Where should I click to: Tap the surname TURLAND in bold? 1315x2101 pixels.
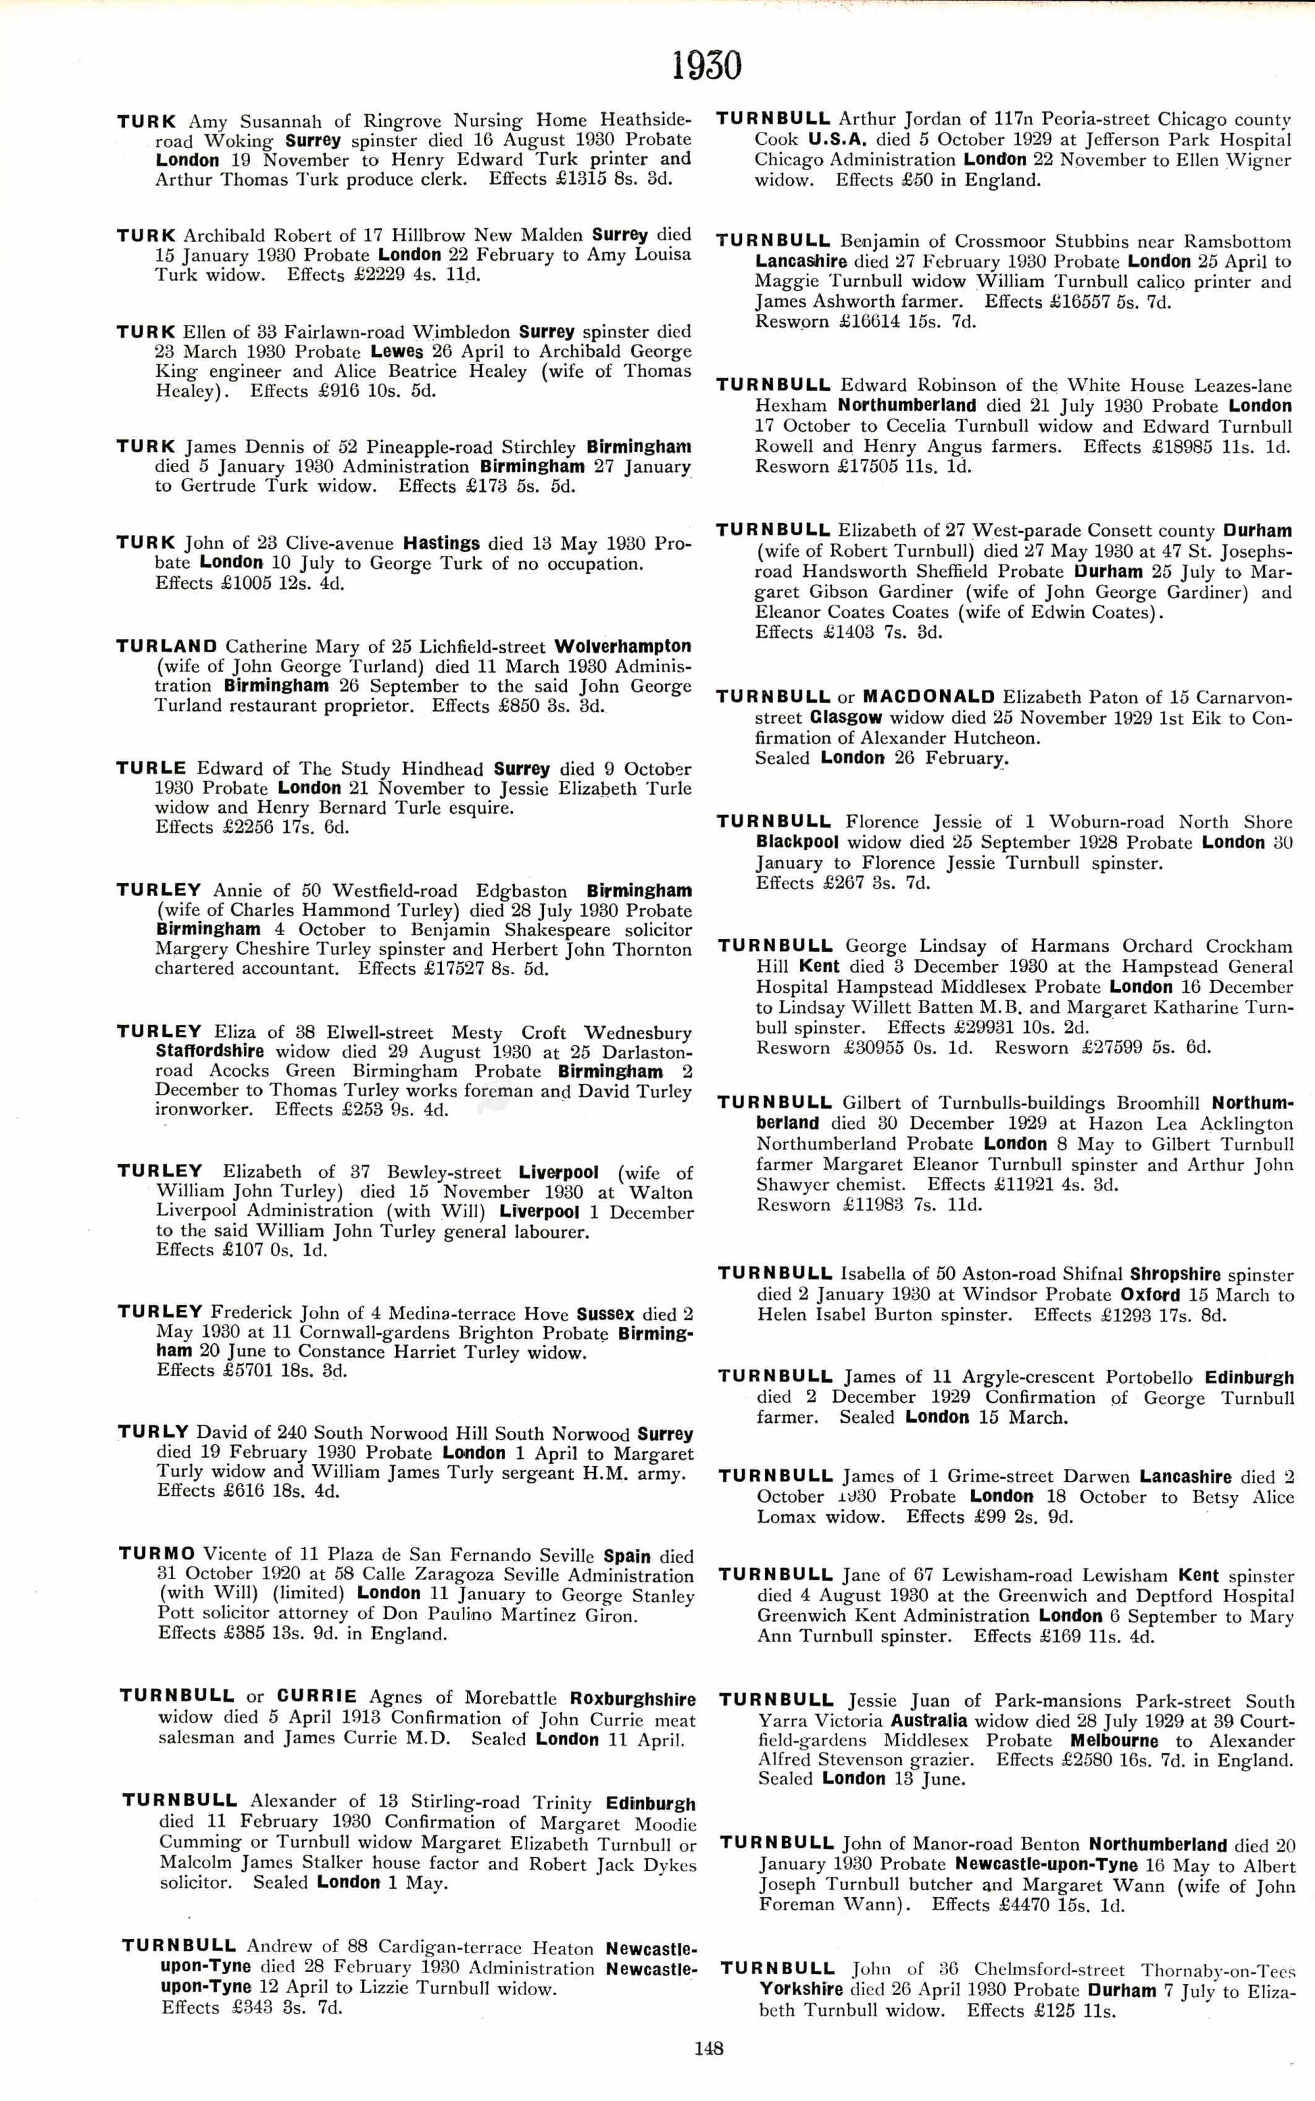tap(167, 646)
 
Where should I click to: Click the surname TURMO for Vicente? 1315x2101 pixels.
tap(157, 1554)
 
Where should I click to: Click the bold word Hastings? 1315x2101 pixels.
tap(442, 543)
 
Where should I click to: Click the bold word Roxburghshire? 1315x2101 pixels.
tap(632, 1699)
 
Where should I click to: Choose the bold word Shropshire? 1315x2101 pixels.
tap(1176, 1274)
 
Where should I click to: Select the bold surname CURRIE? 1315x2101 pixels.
tap(317, 1696)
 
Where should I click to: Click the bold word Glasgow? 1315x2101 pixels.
tap(845, 717)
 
